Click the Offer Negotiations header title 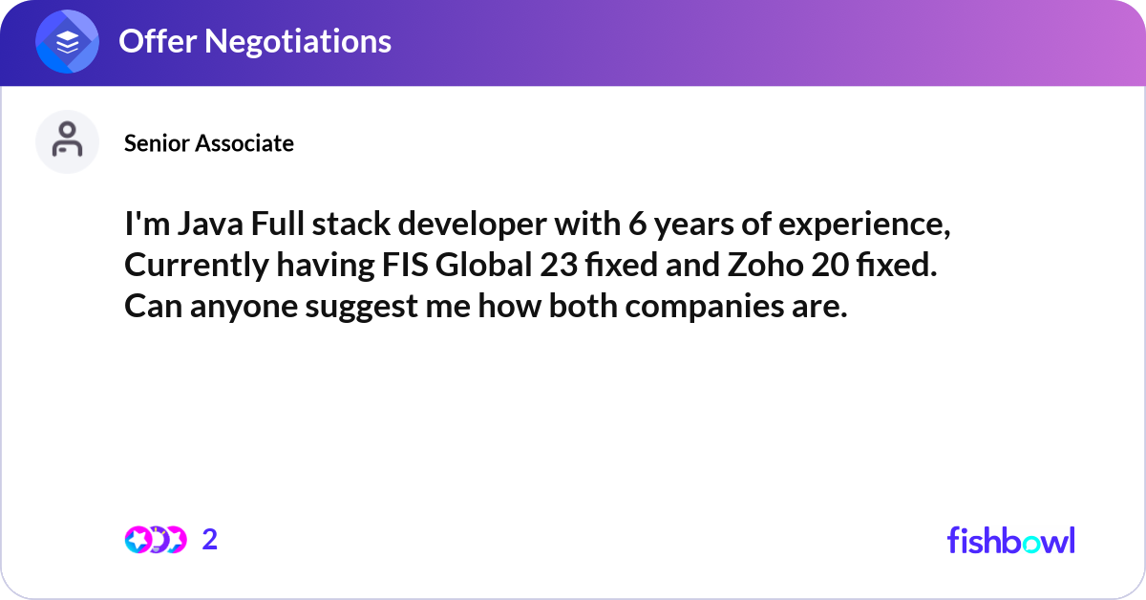254,41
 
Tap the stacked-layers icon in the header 68,42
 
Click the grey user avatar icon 67,141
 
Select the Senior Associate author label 209,143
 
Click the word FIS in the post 405,268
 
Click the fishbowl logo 1010,541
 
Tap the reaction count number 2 210,540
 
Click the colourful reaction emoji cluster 155,540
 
